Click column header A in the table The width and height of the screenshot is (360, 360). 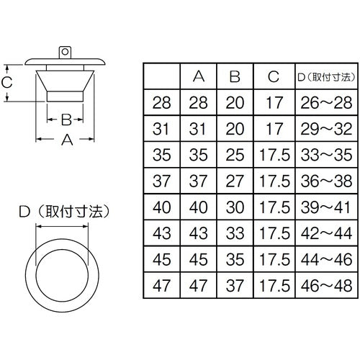199,76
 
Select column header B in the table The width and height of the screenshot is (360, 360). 234,76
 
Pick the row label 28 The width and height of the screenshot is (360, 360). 163,102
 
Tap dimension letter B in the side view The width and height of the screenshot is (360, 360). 65,118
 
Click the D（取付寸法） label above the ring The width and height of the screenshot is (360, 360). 62,212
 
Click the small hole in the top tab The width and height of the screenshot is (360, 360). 65,51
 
